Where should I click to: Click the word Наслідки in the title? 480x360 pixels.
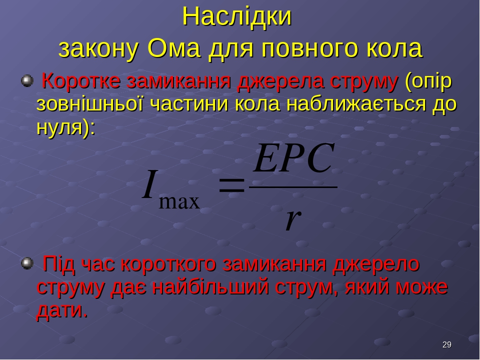coord(236,16)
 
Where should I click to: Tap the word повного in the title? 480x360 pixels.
coord(309,48)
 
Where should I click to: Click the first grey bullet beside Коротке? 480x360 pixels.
coord(27,81)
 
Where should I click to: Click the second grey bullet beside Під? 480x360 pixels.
coord(27,263)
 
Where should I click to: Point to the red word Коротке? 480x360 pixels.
coord(81,81)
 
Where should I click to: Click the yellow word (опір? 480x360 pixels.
coord(428,82)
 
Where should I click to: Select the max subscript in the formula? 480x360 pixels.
coord(179,202)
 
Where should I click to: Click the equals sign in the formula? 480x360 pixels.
coord(232,185)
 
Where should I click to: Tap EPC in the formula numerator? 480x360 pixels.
coord(293,158)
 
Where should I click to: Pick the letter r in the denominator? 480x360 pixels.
coord(293,219)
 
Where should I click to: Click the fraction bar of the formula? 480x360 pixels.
coord(293,186)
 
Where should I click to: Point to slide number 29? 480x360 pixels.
coord(446,344)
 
